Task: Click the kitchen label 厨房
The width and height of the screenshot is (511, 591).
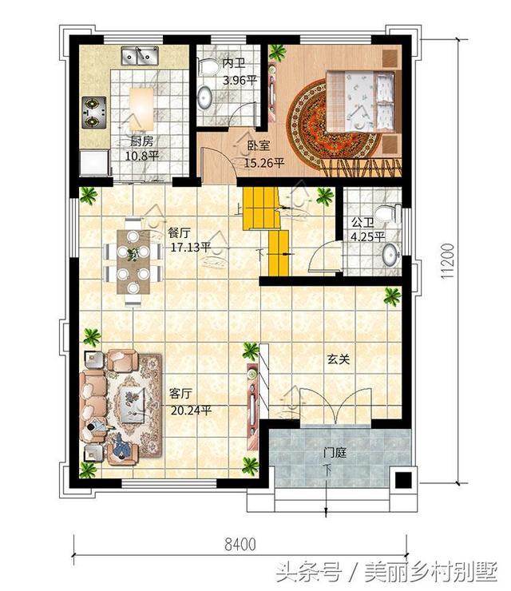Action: pos(141,141)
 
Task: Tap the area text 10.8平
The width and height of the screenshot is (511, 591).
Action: pos(141,155)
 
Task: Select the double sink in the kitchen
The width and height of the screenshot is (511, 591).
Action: pos(140,55)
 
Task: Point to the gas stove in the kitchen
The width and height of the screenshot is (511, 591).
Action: pos(94,113)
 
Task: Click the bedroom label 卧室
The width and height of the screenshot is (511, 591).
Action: pos(259,146)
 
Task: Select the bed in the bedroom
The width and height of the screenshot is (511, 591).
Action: pos(360,101)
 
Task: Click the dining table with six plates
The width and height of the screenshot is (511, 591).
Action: pos(133,262)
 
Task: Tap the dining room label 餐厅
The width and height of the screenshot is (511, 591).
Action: pos(179,233)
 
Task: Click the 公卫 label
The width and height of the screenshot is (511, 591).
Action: pos(362,223)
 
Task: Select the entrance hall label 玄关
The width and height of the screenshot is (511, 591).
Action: pos(338,359)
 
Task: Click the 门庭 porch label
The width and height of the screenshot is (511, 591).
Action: pos(335,452)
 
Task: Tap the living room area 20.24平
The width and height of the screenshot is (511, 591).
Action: pos(191,410)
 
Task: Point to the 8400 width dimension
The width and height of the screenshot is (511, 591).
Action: pos(240,544)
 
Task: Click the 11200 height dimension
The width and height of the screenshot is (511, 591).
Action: pos(447,261)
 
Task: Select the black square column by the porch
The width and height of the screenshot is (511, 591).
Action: pos(403,481)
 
